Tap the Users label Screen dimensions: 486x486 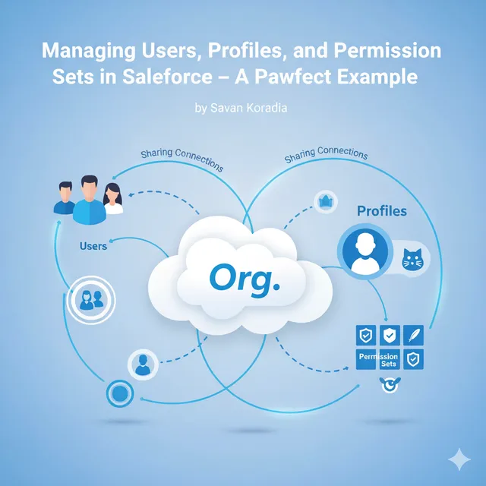pos(93,246)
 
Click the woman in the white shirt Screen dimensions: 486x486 pos(113,199)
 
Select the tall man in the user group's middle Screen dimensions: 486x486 pos(88,199)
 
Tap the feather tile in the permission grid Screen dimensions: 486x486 pos(415,335)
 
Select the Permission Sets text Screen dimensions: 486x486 pos(378,360)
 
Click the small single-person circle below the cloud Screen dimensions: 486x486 pos(142,364)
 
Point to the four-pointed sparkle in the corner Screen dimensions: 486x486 pos(459,459)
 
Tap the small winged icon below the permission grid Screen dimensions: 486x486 pos(388,386)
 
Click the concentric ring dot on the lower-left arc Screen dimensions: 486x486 pos(119,393)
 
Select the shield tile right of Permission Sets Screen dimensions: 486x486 pos(415,359)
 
